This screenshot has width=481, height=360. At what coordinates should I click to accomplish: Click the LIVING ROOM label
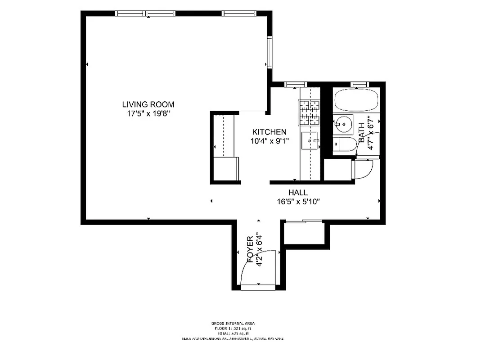[x=148, y=104]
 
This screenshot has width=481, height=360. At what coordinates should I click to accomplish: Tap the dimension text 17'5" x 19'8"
[x=148, y=114]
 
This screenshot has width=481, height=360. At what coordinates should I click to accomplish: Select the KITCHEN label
[x=269, y=132]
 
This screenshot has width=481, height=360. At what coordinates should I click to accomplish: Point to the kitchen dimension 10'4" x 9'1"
[x=269, y=141]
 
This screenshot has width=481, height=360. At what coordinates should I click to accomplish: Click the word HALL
[x=298, y=193]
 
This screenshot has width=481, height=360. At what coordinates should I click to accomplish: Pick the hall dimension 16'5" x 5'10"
[x=298, y=202]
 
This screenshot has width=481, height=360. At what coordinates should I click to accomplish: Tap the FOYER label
[x=251, y=249]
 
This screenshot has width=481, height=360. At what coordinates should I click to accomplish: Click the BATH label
[x=361, y=133]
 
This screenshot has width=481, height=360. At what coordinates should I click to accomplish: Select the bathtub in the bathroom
[x=355, y=100]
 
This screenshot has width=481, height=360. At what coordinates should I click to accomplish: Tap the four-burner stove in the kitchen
[x=309, y=112]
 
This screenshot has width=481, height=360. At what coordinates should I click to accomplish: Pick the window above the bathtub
[x=359, y=84]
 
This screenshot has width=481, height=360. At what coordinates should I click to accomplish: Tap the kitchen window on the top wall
[x=296, y=84]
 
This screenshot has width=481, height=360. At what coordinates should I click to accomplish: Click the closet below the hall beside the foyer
[x=305, y=233]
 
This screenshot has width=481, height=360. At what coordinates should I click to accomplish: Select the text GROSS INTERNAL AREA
[x=233, y=323]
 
